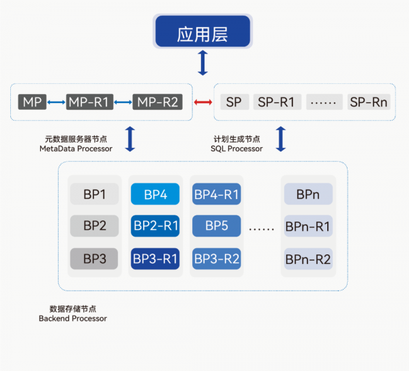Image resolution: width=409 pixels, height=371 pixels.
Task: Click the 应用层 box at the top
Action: point(202,32)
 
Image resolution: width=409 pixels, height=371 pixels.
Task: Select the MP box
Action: point(32,102)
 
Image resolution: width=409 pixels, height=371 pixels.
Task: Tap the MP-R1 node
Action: point(89,102)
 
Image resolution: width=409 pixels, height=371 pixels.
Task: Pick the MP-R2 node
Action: point(157,102)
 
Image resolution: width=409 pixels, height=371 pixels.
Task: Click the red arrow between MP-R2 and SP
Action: point(202,102)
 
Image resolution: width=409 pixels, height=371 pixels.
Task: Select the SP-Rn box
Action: point(369,102)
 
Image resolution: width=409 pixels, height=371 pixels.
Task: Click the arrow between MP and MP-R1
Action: point(56,102)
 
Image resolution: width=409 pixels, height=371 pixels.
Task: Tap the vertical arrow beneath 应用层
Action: point(202,63)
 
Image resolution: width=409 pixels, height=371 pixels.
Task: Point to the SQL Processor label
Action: point(237,149)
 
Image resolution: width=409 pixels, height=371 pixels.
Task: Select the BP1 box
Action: point(95,195)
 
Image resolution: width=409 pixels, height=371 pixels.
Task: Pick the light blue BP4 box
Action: point(155,195)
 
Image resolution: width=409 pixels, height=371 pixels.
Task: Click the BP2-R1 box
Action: point(155,226)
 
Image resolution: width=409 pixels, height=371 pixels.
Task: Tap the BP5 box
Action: point(216,226)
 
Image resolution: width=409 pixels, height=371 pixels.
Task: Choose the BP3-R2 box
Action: point(216,258)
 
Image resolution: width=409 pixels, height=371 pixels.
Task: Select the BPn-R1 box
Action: point(307,226)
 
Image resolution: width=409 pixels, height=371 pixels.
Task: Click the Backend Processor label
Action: point(73,318)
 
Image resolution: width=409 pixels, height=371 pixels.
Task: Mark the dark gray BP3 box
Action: point(95,258)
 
